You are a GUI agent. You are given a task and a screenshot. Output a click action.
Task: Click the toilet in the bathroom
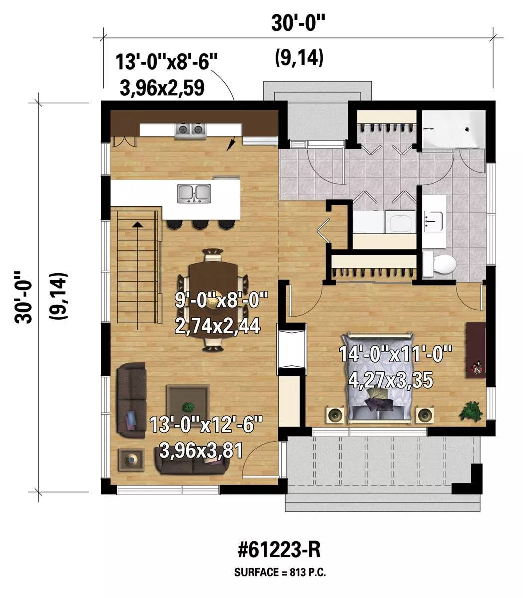pyautogui.click(x=439, y=264)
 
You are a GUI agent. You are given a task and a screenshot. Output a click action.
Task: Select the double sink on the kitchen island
pyautogui.click(x=194, y=193)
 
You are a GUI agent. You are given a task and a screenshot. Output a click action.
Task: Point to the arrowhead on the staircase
pyautogui.click(x=136, y=224)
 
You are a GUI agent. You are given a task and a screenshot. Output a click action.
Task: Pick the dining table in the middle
pyautogui.click(x=214, y=300)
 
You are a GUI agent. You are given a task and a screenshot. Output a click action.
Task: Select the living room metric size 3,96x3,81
pyautogui.click(x=201, y=450)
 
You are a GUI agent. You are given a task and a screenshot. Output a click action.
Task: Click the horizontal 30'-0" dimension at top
pyautogui.click(x=298, y=24)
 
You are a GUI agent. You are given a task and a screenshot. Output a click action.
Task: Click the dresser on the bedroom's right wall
pyautogui.click(x=476, y=351)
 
